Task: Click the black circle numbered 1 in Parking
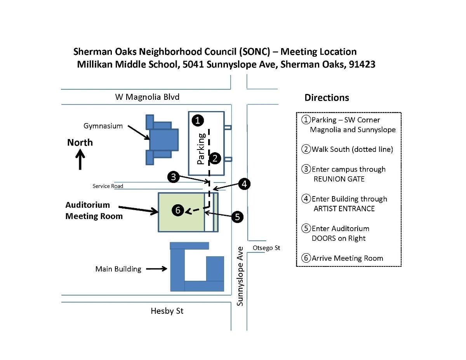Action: [198, 120]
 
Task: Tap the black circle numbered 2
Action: [215, 158]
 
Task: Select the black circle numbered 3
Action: [173, 177]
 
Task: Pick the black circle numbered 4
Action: [244, 184]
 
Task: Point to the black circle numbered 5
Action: [237, 217]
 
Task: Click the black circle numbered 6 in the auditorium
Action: [178, 210]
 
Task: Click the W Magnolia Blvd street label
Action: [147, 97]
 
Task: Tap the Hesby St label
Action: [167, 311]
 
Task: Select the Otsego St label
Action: [266, 248]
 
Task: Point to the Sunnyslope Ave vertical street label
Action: [240, 276]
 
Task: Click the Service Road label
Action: [108, 186]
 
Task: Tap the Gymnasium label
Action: [103, 126]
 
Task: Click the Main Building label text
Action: [118, 269]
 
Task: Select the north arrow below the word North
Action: [80, 160]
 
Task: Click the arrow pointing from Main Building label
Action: [156, 269]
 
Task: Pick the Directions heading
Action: [327, 97]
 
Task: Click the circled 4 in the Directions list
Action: [306, 198]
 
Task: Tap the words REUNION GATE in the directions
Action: [339, 179]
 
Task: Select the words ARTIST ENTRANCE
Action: [344, 209]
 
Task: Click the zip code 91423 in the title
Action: [362, 64]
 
